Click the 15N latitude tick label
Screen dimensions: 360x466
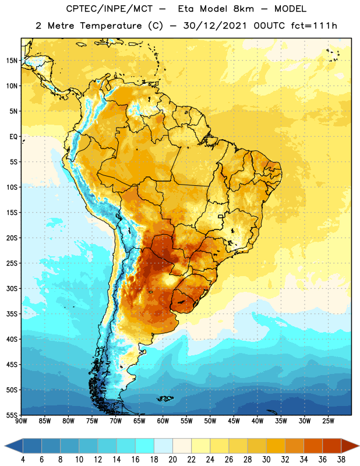pyautogui.click(x=12, y=61)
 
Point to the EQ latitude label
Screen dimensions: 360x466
pyautogui.click(x=13, y=137)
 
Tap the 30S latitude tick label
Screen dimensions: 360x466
pyautogui.click(x=12, y=288)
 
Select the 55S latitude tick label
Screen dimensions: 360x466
pyautogui.click(x=12, y=414)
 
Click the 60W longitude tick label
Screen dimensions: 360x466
pyautogui.click(x=163, y=421)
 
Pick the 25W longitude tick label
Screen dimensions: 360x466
pyautogui.click(x=328, y=421)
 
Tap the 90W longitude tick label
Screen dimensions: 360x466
pyautogui.click(x=21, y=421)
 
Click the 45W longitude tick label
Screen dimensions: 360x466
pyautogui.click(x=234, y=421)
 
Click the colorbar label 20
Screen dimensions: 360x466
pyautogui.click(x=172, y=460)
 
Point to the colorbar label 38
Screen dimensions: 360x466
pyautogui.click(x=341, y=460)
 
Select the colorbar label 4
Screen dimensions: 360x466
pyautogui.click(x=23, y=460)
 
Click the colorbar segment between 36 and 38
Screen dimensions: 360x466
pyautogui.click(x=332, y=446)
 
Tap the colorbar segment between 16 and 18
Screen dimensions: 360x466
pyautogui.click(x=144, y=446)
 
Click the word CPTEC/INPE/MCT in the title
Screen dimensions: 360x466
pyautogui.click(x=109, y=9)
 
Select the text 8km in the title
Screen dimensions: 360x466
pyautogui.click(x=243, y=9)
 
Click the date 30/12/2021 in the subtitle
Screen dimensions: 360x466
pyautogui.click(x=215, y=26)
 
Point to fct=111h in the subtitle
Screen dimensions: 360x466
pyautogui.click(x=314, y=26)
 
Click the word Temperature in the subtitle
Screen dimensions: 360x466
pyautogui.click(x=111, y=26)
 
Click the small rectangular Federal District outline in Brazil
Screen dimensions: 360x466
pyautogui.click(x=221, y=216)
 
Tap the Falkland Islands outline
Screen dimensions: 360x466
pyautogui.click(x=165, y=398)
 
